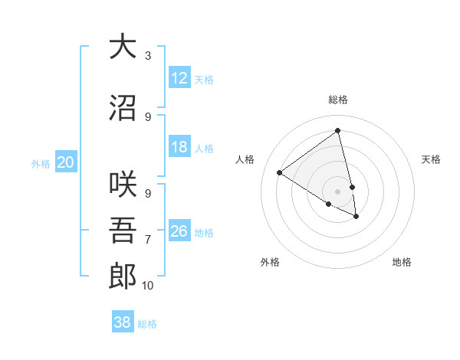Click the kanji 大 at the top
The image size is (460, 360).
[122, 47]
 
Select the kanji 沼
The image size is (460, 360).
[122, 107]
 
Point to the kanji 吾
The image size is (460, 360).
[122, 231]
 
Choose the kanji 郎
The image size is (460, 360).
[122, 276]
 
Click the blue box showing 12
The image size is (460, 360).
[179, 78]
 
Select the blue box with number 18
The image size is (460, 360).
[179, 147]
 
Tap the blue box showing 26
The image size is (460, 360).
[179, 231]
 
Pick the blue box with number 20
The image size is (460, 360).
[66, 162]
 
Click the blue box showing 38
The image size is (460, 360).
[123, 322]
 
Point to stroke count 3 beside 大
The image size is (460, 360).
[147, 56]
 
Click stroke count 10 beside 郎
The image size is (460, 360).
[147, 286]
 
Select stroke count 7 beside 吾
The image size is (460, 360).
[147, 240]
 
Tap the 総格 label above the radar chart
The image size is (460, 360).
[338, 100]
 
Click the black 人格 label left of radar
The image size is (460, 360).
[245, 159]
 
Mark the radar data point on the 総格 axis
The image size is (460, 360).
[338, 130]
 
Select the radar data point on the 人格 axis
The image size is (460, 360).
[280, 172]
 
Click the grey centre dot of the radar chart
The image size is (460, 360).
[338, 191]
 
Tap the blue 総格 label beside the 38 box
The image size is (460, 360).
[147, 324]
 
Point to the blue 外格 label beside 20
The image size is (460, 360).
[41, 163]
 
